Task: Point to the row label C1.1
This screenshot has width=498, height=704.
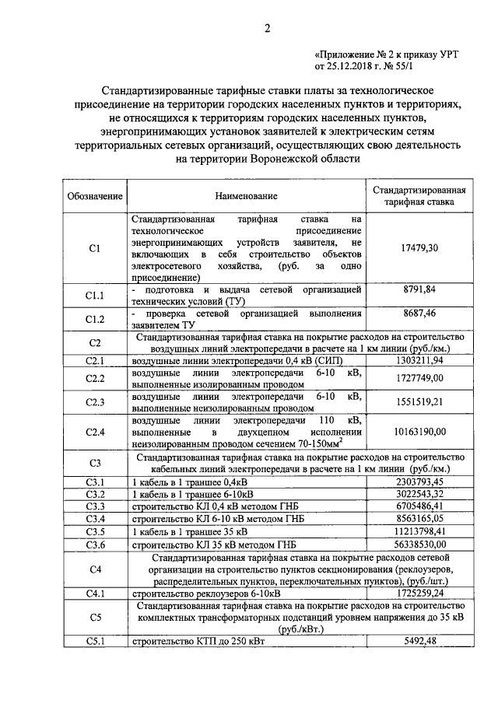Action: [x=95, y=295]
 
